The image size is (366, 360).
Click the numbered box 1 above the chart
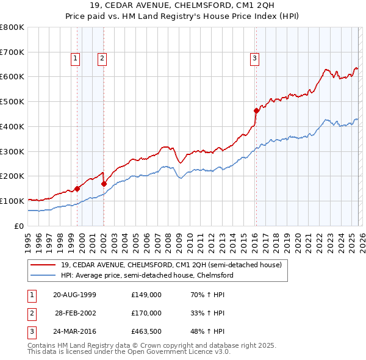coord(74,59)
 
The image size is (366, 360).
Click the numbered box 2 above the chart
coord(101,59)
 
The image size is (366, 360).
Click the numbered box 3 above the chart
coord(254,59)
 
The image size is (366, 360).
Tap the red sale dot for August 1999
coord(77,189)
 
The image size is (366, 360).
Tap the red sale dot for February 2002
coord(104,183)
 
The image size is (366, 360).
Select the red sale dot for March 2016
coord(256,110)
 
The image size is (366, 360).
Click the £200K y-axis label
coord(12,176)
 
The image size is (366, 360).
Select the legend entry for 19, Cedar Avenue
coord(171,265)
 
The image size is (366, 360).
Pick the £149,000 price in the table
coord(146,294)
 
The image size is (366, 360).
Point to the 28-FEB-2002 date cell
coord(74,313)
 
